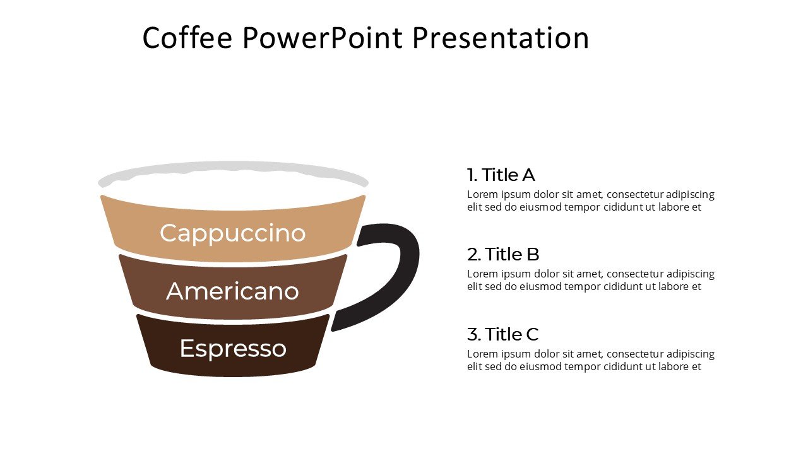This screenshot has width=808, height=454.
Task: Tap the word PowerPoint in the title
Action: [322, 38]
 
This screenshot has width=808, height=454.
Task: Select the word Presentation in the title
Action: [501, 38]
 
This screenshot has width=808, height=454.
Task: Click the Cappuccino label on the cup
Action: [232, 233]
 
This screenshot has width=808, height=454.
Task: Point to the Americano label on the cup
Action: [232, 291]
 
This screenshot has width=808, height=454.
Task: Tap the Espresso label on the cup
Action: [232, 349]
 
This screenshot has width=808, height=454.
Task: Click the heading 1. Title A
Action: [501, 175]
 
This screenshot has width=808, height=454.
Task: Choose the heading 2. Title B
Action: [502, 255]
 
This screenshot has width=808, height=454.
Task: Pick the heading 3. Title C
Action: [502, 334]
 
